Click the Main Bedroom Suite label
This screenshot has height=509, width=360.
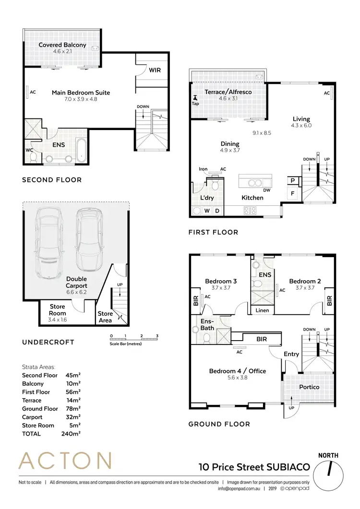coord(81,93)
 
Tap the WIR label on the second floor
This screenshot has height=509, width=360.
coord(155,70)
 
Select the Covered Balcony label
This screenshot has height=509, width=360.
coord(62,45)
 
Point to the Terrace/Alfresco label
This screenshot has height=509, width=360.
coord(228,92)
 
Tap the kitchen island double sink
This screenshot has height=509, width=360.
coord(253,182)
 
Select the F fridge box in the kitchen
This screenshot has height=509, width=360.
coord(292,194)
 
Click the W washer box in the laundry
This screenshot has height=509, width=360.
coord(207,210)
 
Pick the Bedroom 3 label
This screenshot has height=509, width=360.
coord(220,281)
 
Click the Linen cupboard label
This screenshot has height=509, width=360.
coord(262,310)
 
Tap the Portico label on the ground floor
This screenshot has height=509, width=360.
coord(309,387)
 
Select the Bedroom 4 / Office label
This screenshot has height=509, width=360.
coord(237,371)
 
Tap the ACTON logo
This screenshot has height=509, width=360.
coord(65,462)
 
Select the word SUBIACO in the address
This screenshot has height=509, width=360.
coord(288,466)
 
